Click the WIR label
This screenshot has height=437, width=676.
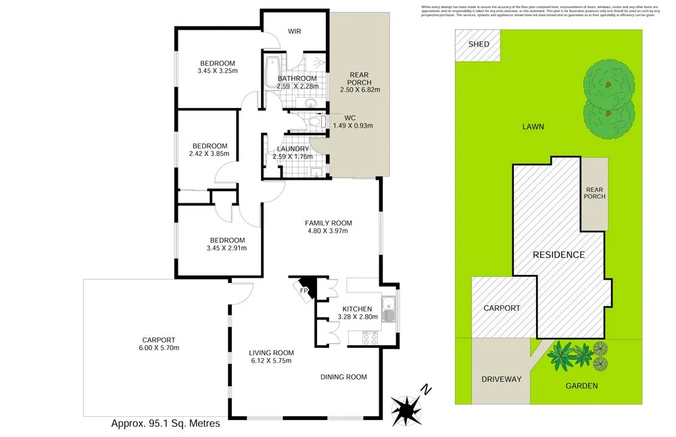[294, 32]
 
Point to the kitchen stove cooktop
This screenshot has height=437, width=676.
[370, 337]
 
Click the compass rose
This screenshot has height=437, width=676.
[407, 407]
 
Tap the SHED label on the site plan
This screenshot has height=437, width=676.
[479, 45]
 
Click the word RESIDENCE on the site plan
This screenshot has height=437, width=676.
[558, 255]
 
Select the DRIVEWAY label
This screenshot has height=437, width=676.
[501, 379]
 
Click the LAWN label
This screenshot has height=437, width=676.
[533, 126]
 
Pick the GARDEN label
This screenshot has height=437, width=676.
[581, 386]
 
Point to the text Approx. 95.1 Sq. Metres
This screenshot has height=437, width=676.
[165, 424]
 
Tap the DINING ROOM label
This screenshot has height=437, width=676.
[343, 377]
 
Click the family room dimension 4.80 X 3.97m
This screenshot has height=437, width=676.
[328, 231]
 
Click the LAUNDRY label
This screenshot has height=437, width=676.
[293, 149]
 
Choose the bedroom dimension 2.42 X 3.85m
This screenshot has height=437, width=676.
[210, 154]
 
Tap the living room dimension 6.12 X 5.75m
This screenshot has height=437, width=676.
[270, 361]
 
